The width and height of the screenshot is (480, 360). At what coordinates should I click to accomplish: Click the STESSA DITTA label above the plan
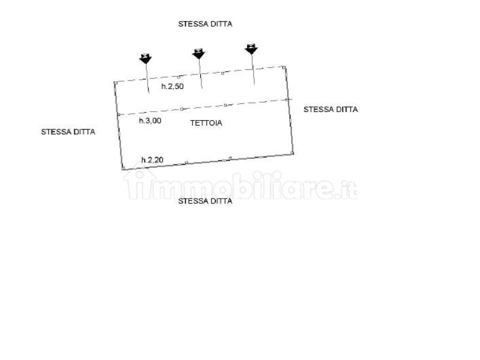coord(205,24)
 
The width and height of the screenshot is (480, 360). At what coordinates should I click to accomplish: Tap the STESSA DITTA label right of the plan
coord(330,109)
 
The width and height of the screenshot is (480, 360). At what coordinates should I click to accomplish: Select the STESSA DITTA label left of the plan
coord(68,132)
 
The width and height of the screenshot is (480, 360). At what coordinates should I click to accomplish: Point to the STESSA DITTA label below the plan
coord(205,201)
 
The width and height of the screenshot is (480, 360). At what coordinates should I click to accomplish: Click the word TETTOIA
coord(206,123)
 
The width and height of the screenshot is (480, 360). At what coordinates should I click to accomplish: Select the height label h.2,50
coord(172,86)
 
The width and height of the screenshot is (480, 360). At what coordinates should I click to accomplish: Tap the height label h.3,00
coord(150,120)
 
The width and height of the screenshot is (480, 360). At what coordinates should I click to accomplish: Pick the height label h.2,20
coord(152,159)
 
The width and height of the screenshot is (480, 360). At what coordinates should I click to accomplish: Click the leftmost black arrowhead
coord(145,59)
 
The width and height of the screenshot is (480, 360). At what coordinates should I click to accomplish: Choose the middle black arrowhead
coord(198,54)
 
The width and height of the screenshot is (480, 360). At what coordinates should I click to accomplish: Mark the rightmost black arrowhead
coord(251,49)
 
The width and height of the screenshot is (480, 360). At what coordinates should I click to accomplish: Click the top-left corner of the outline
coord(115,82)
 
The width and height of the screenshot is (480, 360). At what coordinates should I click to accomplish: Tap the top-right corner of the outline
coord(284,67)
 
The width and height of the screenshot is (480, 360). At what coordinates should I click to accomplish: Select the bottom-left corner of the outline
coord(123,168)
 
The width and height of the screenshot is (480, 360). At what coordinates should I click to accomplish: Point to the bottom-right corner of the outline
coord(292,153)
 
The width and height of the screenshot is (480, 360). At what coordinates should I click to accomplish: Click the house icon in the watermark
coord(140,184)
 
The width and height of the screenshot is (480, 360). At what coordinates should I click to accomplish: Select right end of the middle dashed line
coord(292,99)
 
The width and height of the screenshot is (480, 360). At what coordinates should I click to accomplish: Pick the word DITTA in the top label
coord(220,24)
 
